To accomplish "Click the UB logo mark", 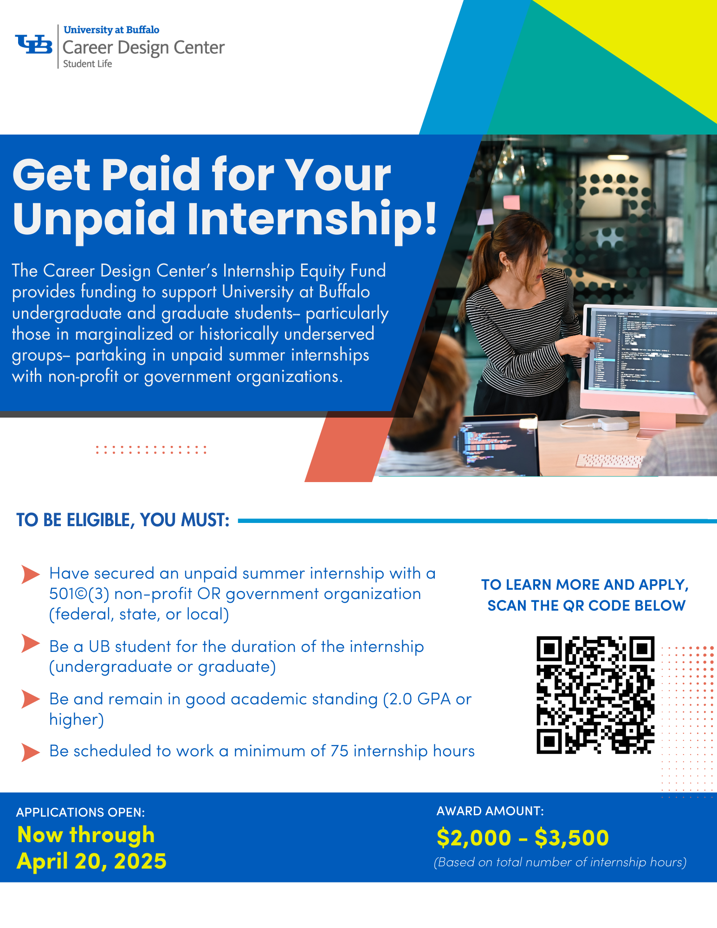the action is click(x=34, y=45).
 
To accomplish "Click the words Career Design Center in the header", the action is click(x=143, y=48).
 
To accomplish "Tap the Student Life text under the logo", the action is click(x=88, y=64).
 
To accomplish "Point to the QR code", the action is click(x=595, y=695).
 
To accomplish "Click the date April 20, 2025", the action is click(x=91, y=861).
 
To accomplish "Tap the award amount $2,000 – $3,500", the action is click(x=523, y=838).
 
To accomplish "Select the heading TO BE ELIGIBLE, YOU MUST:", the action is click(x=123, y=520).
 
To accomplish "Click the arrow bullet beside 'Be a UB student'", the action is click(x=31, y=644).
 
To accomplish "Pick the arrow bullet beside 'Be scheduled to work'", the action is click(x=31, y=752).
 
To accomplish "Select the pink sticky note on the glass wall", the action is click(x=511, y=202).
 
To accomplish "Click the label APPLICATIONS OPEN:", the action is click(x=81, y=812).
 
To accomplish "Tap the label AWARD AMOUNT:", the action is click(x=490, y=811).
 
